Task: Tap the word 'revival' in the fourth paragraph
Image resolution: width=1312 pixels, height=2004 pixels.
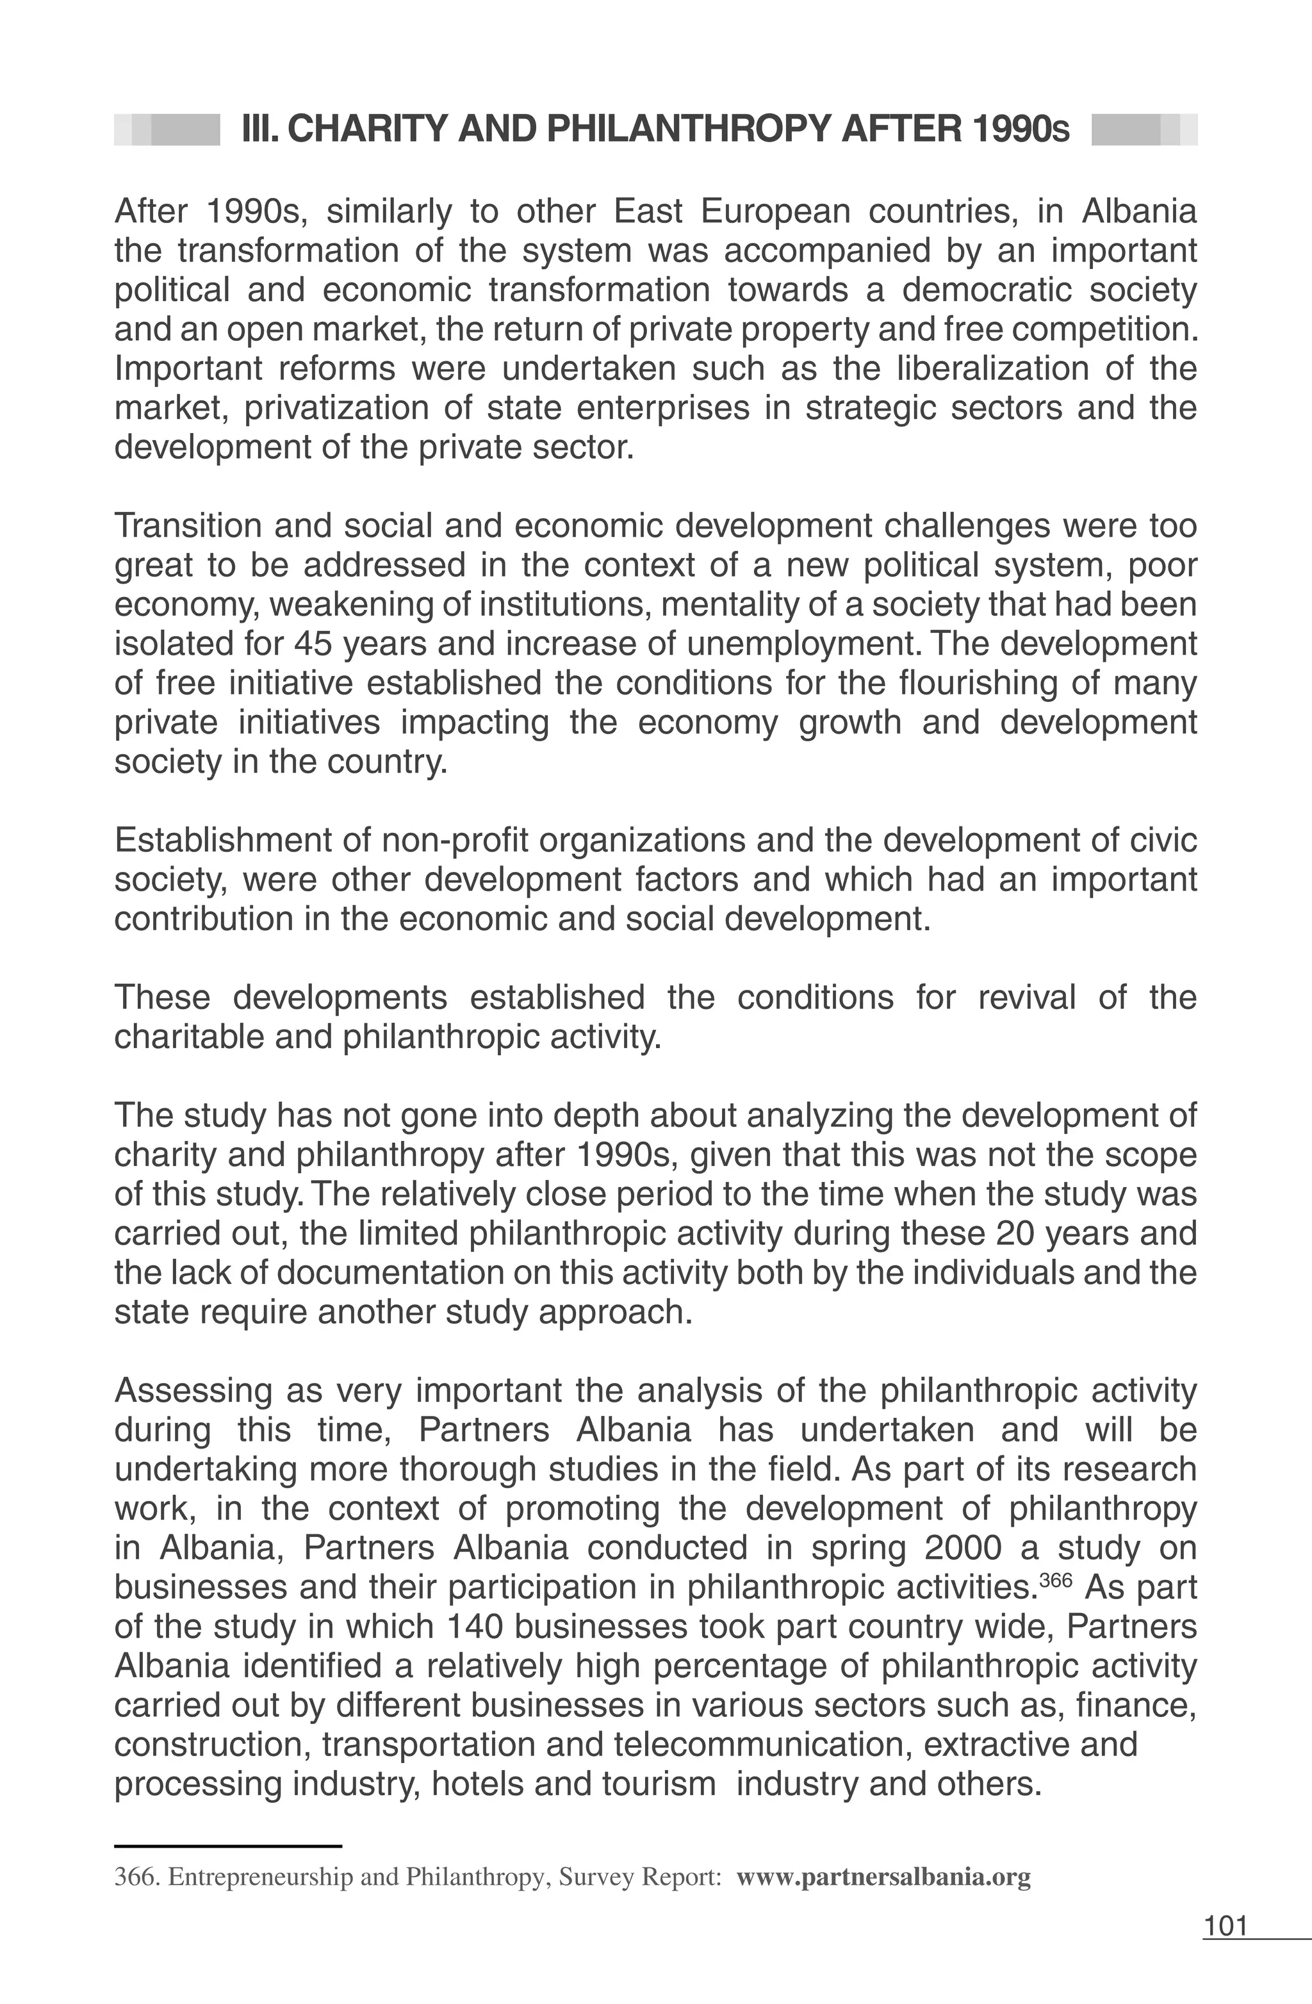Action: point(1026,998)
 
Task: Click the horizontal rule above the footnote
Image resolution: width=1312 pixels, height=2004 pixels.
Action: point(227,1846)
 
